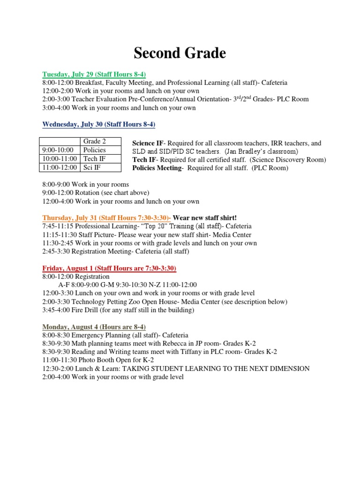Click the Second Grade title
pyautogui.click(x=180, y=53)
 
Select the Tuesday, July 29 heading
pyautogui.click(x=94, y=74)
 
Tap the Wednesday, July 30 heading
pyautogui.click(x=98, y=124)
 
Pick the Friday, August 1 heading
pyautogui.click(x=109, y=268)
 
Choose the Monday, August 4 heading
pyautogui.click(x=101, y=327)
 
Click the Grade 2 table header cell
pyautogui.click(x=94, y=142)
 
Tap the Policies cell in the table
pyautogui.click(x=94, y=150)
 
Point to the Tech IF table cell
pyautogui.click(x=94, y=158)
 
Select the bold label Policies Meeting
pyautogui.click(x=157, y=168)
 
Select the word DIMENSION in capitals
pyautogui.click(x=287, y=369)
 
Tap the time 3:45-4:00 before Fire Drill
pyautogui.click(x=57, y=310)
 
